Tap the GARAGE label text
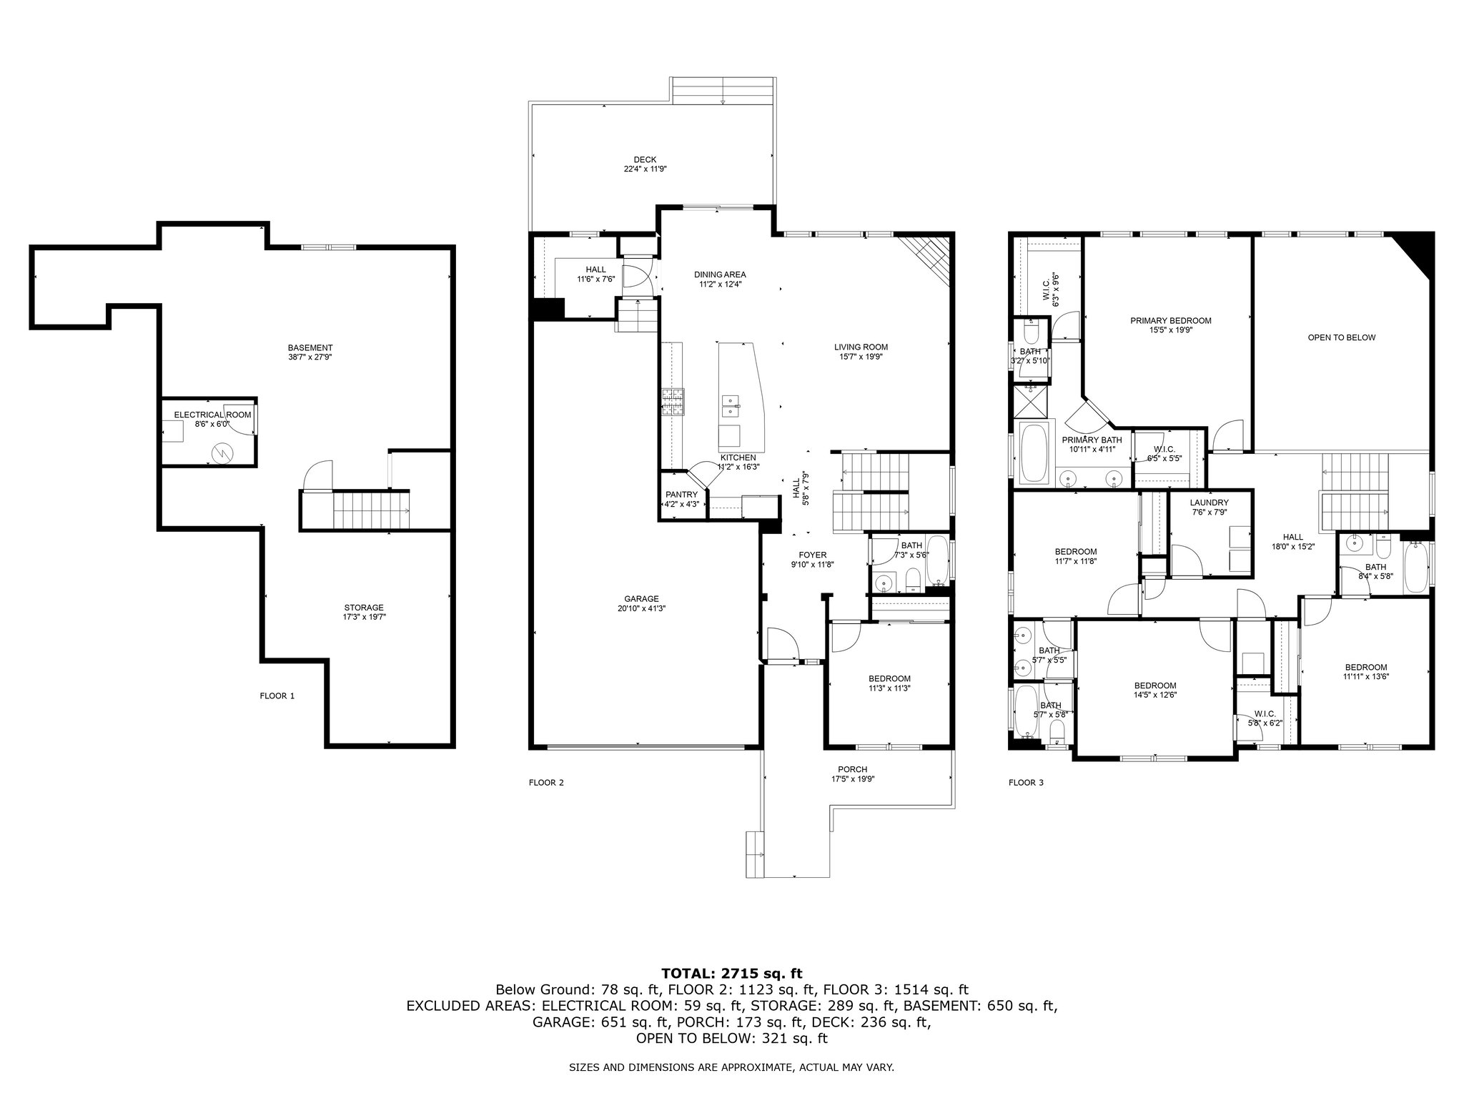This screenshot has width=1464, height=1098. [x=641, y=599]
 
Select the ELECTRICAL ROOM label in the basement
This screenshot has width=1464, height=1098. [x=213, y=415]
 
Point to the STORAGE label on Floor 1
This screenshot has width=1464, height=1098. [x=364, y=608]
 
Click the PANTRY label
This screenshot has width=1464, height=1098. [x=681, y=495]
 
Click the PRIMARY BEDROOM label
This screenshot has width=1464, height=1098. [x=1171, y=321]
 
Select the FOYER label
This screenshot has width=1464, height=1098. [x=813, y=555]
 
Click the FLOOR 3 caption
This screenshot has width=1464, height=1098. [x=1026, y=783]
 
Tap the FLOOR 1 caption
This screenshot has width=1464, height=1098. [x=277, y=696]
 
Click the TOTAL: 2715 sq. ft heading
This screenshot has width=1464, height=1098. [x=732, y=973]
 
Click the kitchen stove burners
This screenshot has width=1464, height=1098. [x=673, y=402]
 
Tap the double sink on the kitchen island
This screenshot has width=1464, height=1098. [x=731, y=405]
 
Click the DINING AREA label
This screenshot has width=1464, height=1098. [x=720, y=274]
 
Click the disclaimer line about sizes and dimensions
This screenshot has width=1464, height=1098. [x=732, y=1067]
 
